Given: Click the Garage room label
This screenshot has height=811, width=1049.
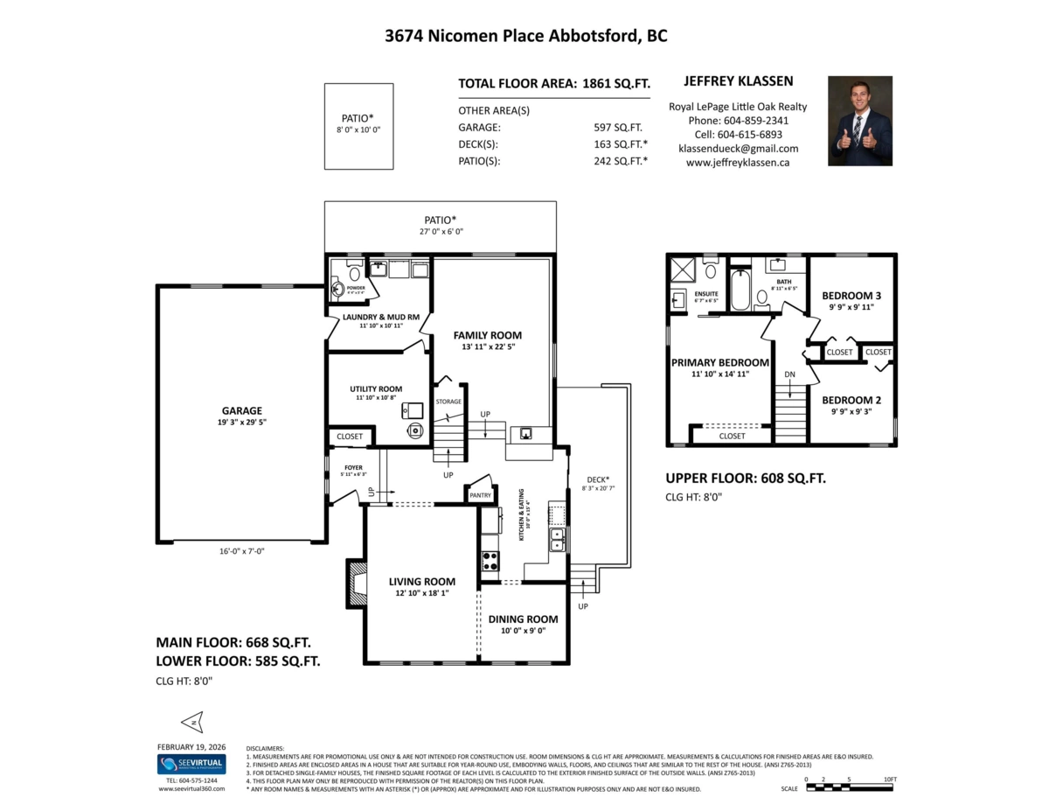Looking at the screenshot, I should point(241,410).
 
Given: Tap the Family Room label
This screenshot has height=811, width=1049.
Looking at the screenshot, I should point(487,335).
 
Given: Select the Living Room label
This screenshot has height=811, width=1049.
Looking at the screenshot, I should point(421,582).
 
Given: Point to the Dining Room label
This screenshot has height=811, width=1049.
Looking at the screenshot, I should point(523,619).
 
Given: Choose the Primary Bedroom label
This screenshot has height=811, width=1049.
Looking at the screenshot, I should point(719,362).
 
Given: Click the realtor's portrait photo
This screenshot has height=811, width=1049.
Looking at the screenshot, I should point(860,121).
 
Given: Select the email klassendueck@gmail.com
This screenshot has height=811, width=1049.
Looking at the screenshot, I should point(738,149).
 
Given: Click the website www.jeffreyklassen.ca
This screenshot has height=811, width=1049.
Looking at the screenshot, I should point(738,162).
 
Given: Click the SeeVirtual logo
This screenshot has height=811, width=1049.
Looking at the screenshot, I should point(191,764).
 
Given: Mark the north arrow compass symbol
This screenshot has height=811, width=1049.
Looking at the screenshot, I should point(191,722).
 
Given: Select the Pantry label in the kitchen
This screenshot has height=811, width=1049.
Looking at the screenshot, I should point(481,495).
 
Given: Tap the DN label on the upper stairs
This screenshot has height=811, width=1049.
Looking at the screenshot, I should point(789,374).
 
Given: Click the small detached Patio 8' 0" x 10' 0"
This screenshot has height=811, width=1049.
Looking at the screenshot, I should point(358,126).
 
